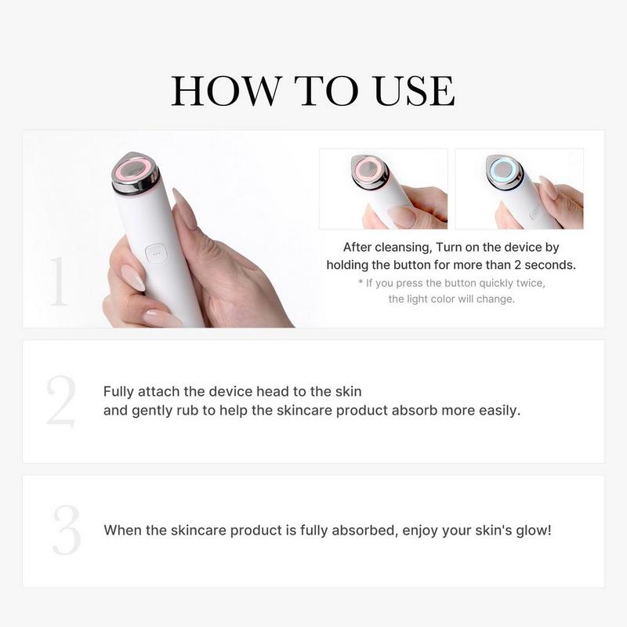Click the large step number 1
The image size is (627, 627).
[59, 281]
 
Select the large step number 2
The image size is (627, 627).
[60, 401]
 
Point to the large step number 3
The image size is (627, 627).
[67, 531]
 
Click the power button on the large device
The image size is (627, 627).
[155, 253]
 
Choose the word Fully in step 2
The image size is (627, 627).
[120, 390]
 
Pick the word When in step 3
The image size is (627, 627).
[122, 530]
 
